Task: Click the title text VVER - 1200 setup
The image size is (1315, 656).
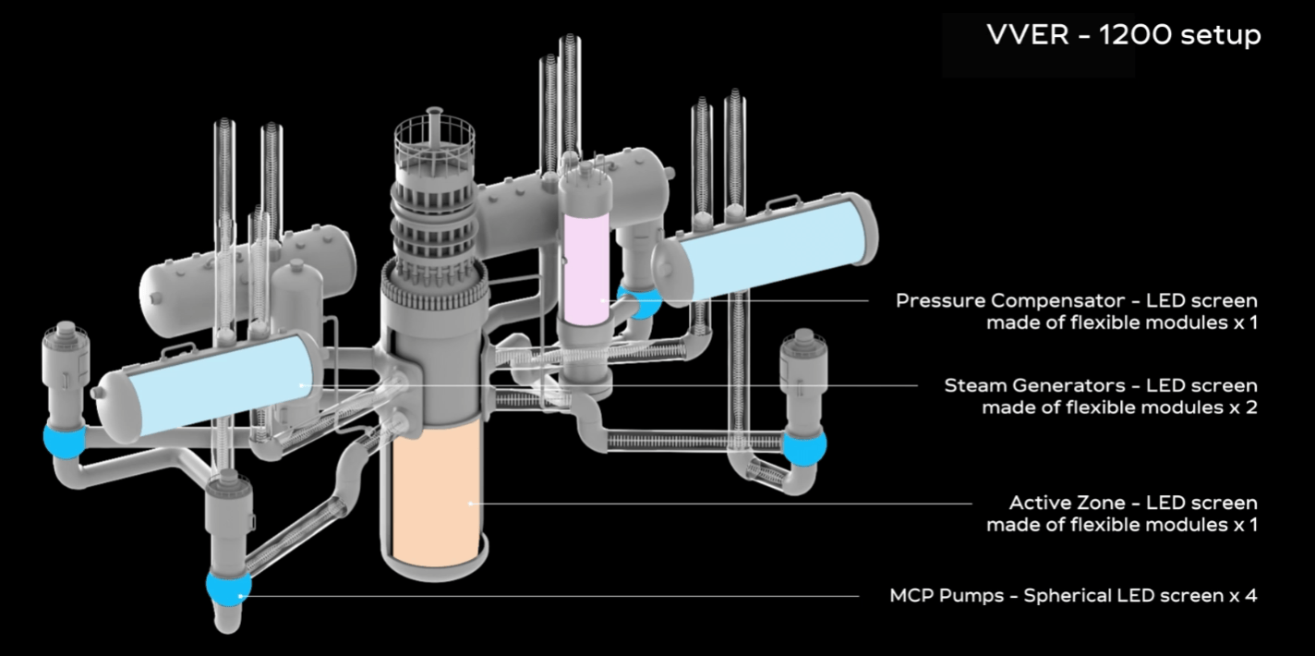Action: [x=1123, y=35]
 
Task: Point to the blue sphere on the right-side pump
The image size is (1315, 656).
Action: [x=803, y=445]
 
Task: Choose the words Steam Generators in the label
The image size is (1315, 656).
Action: [x=1015, y=384]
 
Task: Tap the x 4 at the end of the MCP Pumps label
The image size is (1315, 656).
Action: [x=1243, y=596]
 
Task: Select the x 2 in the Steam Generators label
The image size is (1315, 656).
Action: [x=1243, y=407]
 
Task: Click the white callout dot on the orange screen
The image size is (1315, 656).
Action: [x=471, y=504]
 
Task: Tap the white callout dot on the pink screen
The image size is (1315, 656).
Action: [x=602, y=300]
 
